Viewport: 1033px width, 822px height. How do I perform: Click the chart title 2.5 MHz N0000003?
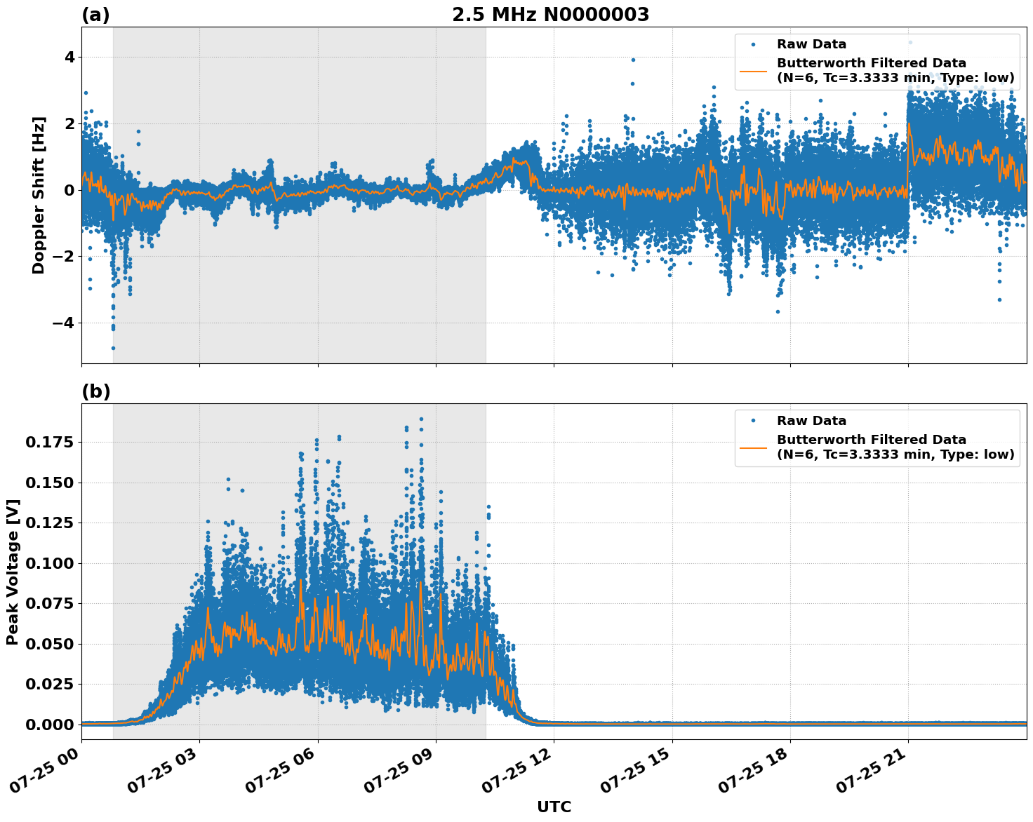click(550, 15)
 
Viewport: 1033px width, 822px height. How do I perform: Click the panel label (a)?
click(95, 15)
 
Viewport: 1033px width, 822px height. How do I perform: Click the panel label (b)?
click(95, 391)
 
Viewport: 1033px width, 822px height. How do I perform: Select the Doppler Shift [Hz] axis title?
click(39, 195)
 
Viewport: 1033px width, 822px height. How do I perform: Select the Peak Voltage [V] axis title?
click(13, 572)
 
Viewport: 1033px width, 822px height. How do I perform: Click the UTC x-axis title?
click(554, 807)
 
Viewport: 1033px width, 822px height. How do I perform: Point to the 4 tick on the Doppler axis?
click(69, 57)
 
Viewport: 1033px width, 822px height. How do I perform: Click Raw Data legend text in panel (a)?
click(811, 44)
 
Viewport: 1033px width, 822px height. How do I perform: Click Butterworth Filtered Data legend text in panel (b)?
click(871, 440)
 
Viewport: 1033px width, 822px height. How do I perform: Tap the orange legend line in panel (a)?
click(753, 70)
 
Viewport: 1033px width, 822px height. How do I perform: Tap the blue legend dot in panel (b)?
click(753, 421)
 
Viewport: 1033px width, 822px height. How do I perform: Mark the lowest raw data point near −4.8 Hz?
click(113, 348)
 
